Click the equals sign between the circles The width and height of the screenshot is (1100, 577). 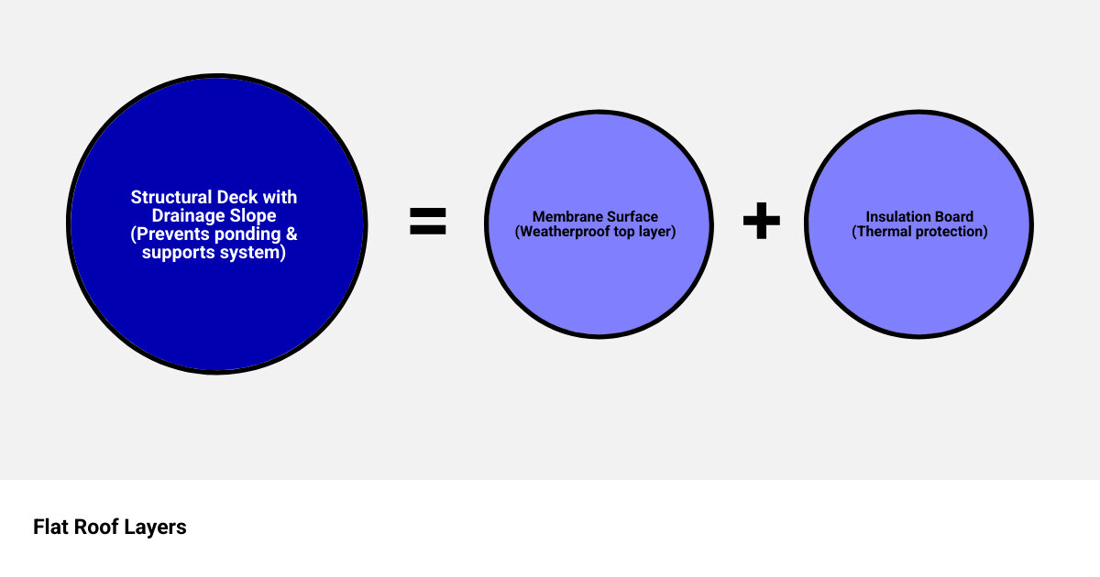[x=428, y=221]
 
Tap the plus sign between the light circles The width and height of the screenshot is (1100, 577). [x=761, y=221]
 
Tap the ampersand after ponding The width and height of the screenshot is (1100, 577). [x=291, y=234]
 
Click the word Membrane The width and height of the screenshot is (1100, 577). [x=564, y=216]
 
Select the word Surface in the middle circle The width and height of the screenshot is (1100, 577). [x=629, y=216]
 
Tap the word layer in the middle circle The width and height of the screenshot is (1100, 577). [x=657, y=232]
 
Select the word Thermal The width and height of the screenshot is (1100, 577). [x=882, y=232]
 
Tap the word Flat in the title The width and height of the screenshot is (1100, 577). [x=50, y=527]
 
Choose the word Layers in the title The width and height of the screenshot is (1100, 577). [x=155, y=527]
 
